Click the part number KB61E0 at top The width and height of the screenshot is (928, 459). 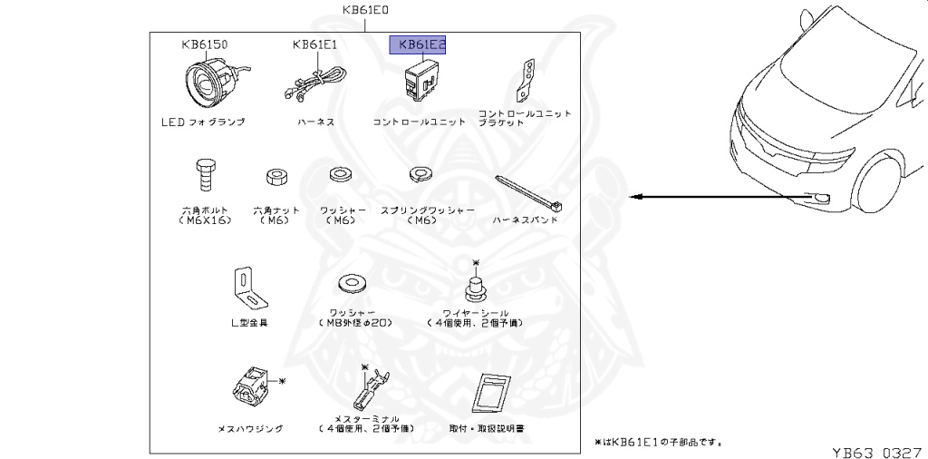click(x=365, y=11)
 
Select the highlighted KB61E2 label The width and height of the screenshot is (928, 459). click(x=418, y=44)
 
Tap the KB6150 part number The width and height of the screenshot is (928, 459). click(x=203, y=44)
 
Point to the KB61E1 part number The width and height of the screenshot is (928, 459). click(x=314, y=44)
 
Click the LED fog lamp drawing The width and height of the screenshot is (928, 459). click(x=210, y=83)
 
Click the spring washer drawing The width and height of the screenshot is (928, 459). click(x=419, y=172)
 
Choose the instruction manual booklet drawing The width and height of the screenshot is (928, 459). click(x=491, y=394)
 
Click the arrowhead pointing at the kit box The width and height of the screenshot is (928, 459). click(x=636, y=197)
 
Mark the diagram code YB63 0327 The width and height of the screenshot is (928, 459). click(x=877, y=449)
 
